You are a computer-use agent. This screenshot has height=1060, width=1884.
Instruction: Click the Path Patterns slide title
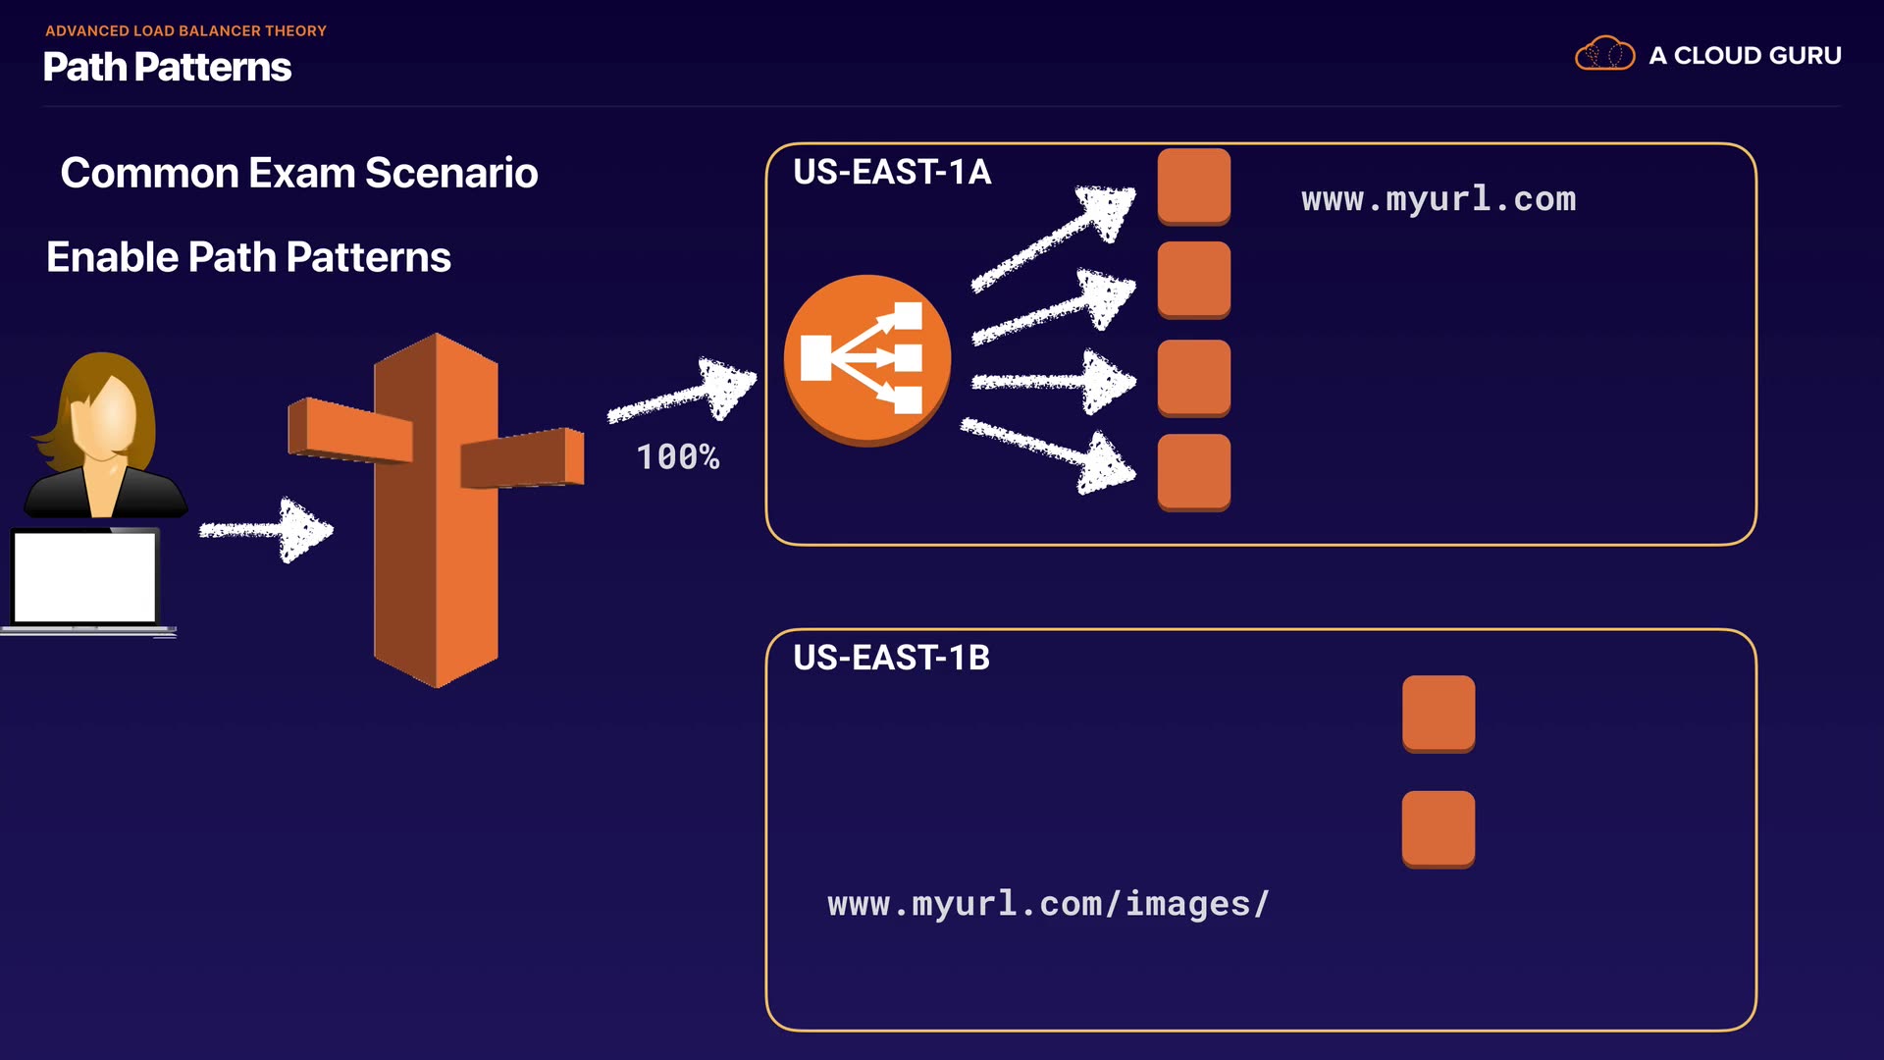click(x=168, y=67)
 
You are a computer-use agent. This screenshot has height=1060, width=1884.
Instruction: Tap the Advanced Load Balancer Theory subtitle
click(x=185, y=30)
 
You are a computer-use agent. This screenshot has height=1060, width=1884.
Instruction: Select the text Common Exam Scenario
click(x=299, y=173)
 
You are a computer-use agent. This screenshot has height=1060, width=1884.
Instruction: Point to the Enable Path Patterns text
click(x=248, y=257)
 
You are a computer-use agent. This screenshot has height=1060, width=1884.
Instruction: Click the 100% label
click(x=678, y=456)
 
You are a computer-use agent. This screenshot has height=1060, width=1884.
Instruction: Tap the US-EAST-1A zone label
click(x=892, y=172)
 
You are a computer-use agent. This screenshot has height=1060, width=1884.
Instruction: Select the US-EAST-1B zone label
click(x=891, y=658)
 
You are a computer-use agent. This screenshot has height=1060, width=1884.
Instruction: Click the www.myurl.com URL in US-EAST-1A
click(x=1439, y=199)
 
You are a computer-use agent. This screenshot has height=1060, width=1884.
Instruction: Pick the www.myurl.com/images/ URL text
click(x=1048, y=904)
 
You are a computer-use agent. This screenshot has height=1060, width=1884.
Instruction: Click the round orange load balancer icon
click(x=867, y=360)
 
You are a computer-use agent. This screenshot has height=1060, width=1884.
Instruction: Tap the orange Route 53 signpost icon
click(x=436, y=510)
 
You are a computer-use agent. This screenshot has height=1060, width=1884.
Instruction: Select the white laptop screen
click(x=85, y=577)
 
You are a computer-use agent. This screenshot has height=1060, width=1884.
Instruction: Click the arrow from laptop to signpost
click(x=266, y=530)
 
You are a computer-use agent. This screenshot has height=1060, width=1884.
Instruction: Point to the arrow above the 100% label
click(x=682, y=391)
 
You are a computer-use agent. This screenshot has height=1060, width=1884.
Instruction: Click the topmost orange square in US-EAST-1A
click(x=1194, y=186)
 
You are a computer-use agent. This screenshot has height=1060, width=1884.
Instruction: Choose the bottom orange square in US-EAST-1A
click(x=1194, y=473)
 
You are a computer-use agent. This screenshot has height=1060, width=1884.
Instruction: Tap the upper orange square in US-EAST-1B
click(x=1439, y=715)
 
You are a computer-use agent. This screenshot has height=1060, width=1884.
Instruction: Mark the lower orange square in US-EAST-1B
click(x=1439, y=829)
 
